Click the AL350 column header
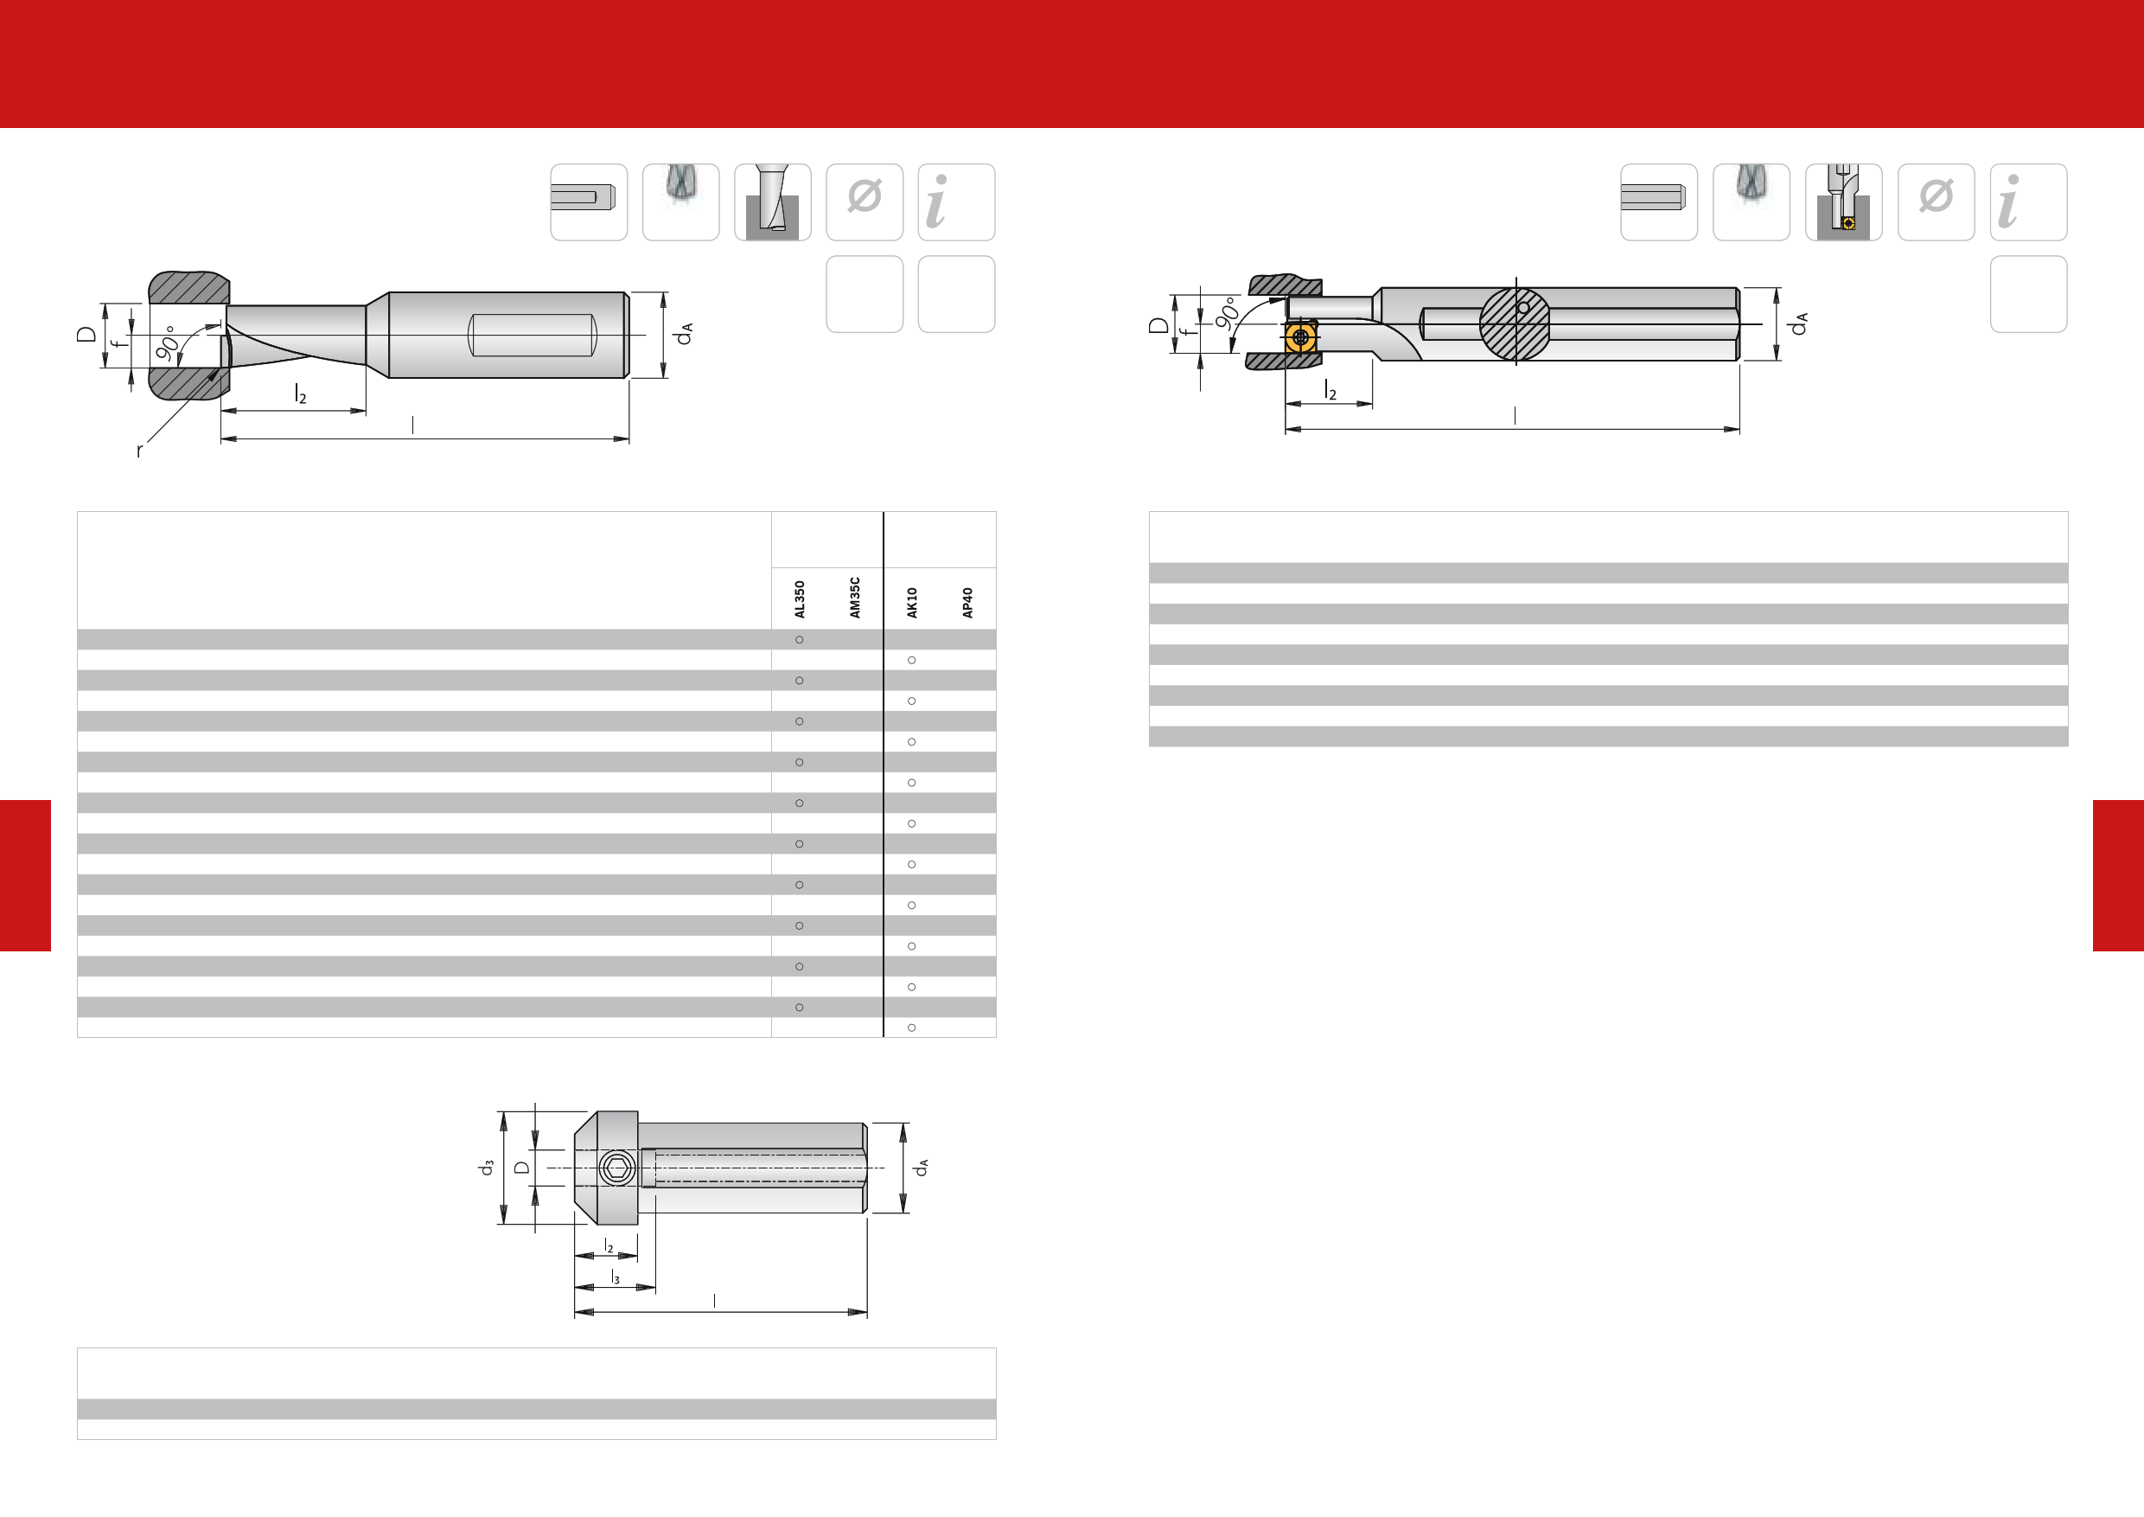click(x=800, y=598)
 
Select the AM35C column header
click(x=854, y=597)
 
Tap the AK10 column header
click(x=911, y=603)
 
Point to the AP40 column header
click(x=967, y=603)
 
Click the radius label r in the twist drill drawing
click(x=140, y=451)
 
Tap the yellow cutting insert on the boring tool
click(x=1300, y=337)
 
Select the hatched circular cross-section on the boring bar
click(x=1515, y=323)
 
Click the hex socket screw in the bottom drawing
click(x=616, y=1168)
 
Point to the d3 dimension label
click(x=487, y=1168)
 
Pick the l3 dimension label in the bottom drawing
click(x=615, y=1276)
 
